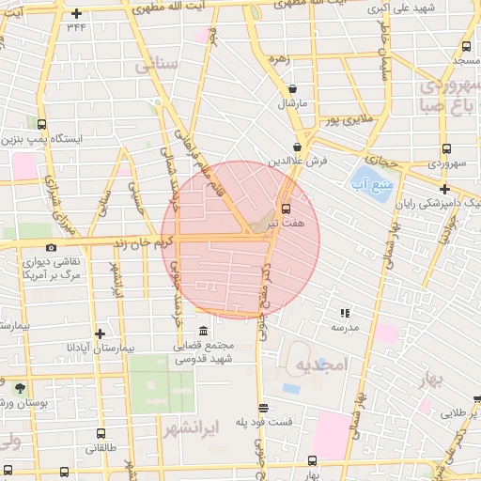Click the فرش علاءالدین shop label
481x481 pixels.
(x=302, y=162)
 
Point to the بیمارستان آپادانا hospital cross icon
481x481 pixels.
(x=100, y=333)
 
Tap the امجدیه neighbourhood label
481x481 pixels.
(x=321, y=364)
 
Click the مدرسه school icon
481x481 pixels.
(x=345, y=313)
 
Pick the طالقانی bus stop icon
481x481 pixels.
(x=101, y=434)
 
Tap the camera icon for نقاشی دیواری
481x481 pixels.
(x=51, y=247)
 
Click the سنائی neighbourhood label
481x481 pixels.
(x=156, y=66)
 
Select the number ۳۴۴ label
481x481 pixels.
(x=76, y=27)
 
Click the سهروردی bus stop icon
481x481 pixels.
(x=445, y=148)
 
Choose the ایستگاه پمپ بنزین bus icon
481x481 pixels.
(x=40, y=123)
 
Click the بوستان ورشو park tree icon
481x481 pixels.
(x=20, y=387)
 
